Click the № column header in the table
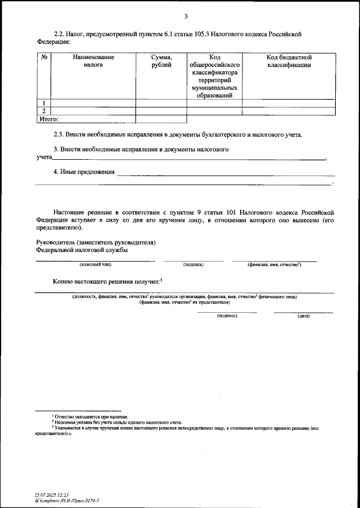(44, 57)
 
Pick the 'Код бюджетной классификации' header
(289, 61)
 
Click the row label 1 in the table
(44, 103)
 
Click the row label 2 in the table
(44, 111)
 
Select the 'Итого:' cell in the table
(48, 119)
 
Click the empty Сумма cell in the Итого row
(161, 119)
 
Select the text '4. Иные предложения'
(84, 172)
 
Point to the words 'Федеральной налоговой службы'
(82, 249)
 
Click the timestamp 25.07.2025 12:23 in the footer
(51, 493)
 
